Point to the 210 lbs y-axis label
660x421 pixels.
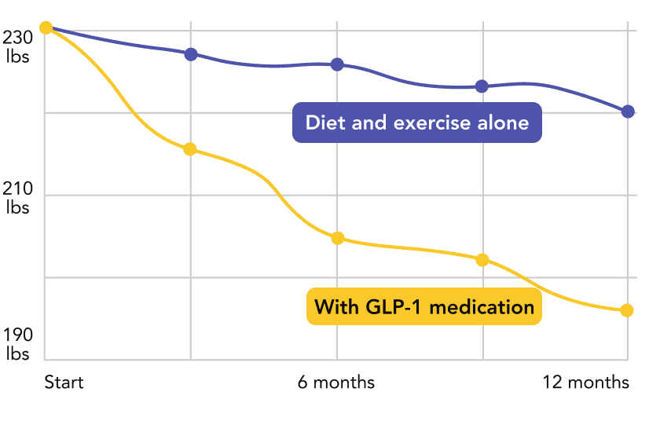click(17, 199)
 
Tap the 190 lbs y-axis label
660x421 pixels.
click(17, 345)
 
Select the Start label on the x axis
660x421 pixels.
click(64, 383)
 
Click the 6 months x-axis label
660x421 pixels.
click(336, 383)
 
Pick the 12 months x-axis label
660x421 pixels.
click(586, 383)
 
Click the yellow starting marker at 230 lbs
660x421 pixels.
click(46, 27)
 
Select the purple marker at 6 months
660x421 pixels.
click(337, 64)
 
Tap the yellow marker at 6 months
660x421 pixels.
click(338, 238)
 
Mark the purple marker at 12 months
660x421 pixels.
click(627, 111)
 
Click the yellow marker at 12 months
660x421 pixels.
click(626, 310)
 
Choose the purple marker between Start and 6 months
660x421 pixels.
click(191, 53)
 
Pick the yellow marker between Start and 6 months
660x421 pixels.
click(190, 149)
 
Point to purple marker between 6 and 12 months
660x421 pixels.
click(482, 86)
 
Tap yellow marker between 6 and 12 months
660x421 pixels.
click(482, 259)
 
